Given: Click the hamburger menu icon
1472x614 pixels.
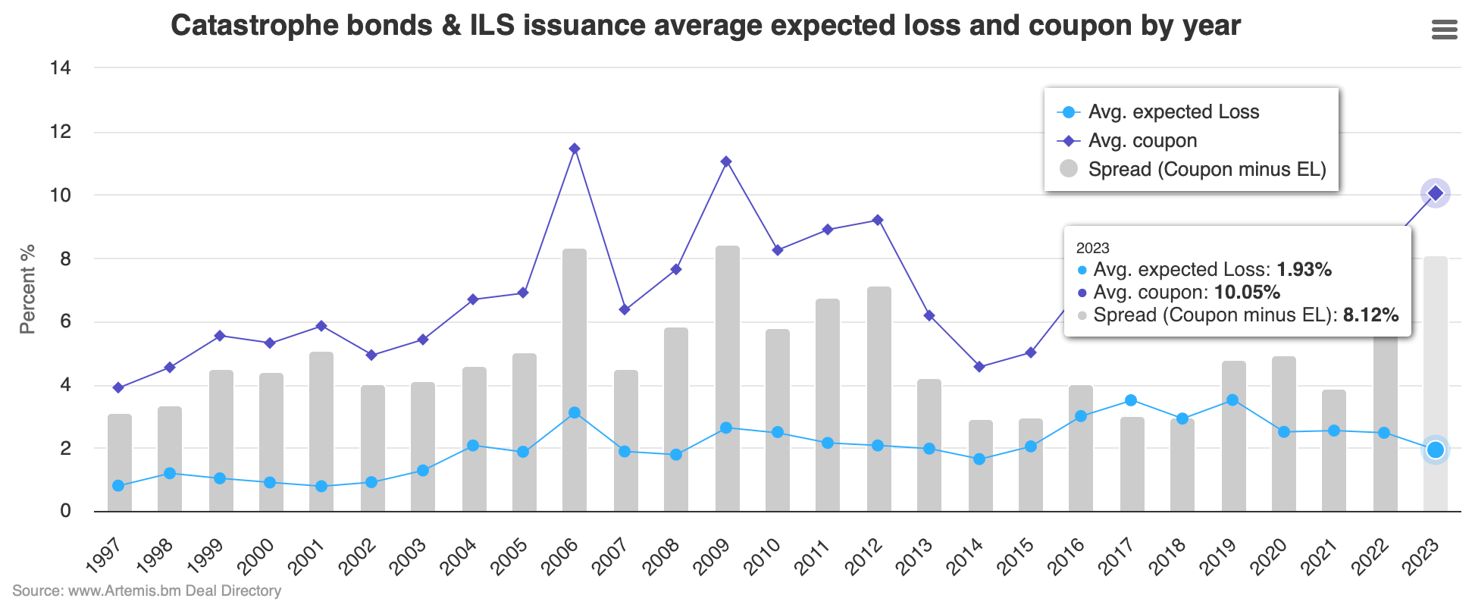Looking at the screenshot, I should pyautogui.click(x=1444, y=30).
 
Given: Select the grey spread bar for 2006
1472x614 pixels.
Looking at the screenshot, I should pyautogui.click(x=575, y=379).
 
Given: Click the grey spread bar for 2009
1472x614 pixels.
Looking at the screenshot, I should pyautogui.click(x=728, y=379).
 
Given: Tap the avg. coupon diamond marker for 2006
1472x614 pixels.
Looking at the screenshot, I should pyautogui.click(x=575, y=149).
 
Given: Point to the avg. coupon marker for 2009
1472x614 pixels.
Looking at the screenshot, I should pyautogui.click(x=726, y=161).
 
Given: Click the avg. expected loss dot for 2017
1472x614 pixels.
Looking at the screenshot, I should pyautogui.click(x=1131, y=400).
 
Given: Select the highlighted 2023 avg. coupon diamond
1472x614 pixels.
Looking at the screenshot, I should pyautogui.click(x=1435, y=193).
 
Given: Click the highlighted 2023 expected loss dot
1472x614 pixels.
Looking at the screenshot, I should pyautogui.click(x=1435, y=450).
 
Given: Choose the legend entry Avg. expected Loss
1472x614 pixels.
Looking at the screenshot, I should pyautogui.click(x=1173, y=112).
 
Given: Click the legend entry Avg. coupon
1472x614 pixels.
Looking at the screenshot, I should pyautogui.click(x=1142, y=141).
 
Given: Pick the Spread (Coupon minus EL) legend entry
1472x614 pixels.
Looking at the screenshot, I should pyautogui.click(x=1206, y=170).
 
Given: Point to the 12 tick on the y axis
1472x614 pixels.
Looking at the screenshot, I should pyautogui.click(x=60, y=132).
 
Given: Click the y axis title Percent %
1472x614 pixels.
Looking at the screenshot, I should pyautogui.click(x=27, y=289).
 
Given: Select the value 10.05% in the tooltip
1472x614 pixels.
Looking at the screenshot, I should pyautogui.click(x=1247, y=293).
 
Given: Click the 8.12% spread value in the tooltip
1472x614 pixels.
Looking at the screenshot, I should pyautogui.click(x=1370, y=315).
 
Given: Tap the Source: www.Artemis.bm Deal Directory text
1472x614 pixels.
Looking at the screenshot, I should pyautogui.click(x=146, y=591).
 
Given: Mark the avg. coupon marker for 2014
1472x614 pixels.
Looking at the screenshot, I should pyautogui.click(x=979, y=367).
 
